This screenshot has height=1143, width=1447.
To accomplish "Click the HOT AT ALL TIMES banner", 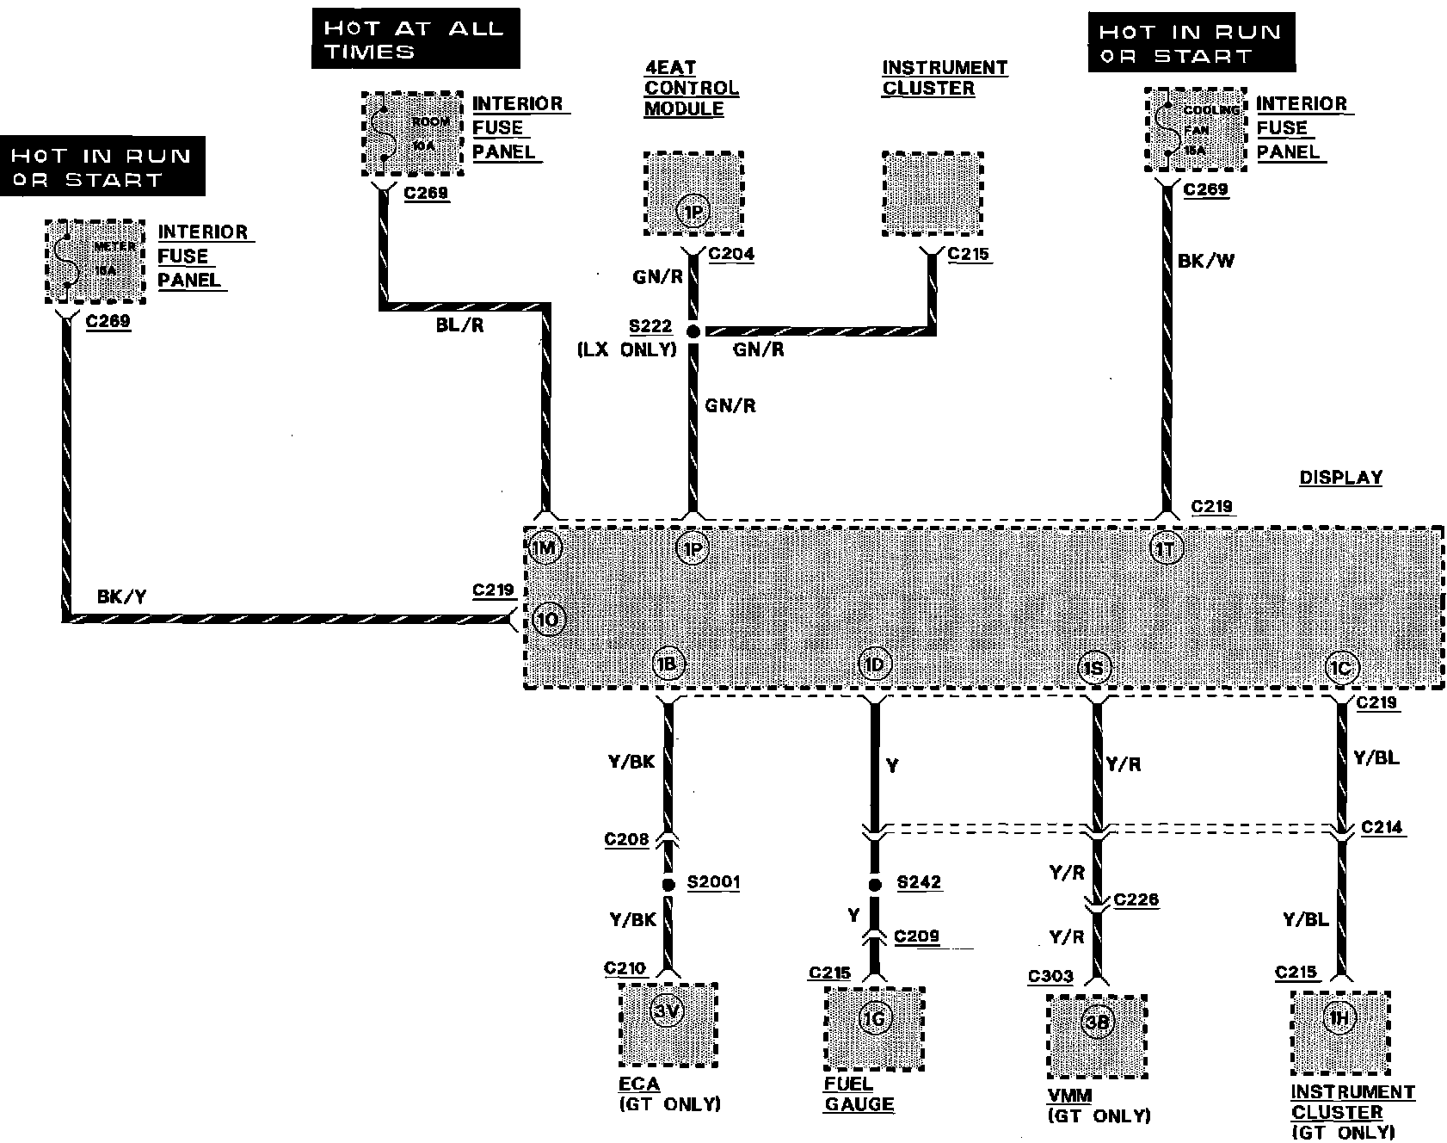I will coord(416,39).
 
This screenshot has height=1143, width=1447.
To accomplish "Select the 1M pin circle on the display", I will coord(546,548).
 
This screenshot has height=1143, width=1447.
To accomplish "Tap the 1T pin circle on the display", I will coord(1165,548).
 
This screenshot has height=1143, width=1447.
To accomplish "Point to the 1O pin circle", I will coord(549,620).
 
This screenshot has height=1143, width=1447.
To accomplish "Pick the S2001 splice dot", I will coord(668,884).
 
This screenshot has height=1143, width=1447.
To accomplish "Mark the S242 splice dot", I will coord(875,884).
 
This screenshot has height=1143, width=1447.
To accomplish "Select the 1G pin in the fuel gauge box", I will coord(875,1019).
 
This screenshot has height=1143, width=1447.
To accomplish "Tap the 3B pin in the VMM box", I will coord(1097,1022).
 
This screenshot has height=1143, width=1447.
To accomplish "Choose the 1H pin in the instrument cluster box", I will coord(1339,1020).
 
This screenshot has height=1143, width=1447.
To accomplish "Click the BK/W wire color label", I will coord(1205,261).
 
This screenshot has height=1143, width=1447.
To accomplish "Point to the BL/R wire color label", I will coord(459,327).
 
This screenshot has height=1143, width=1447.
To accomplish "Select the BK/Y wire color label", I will coord(121,596).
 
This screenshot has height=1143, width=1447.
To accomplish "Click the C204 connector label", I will coord(730,254).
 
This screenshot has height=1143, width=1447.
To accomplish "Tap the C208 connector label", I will coord(626,839).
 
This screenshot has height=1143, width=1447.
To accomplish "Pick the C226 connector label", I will coord(1136,899).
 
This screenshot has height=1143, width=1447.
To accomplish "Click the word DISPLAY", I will coord(1340,478).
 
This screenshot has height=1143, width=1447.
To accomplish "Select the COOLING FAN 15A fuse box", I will coord(1196,131).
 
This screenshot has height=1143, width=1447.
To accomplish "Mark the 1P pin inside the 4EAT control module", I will coord(693,211).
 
